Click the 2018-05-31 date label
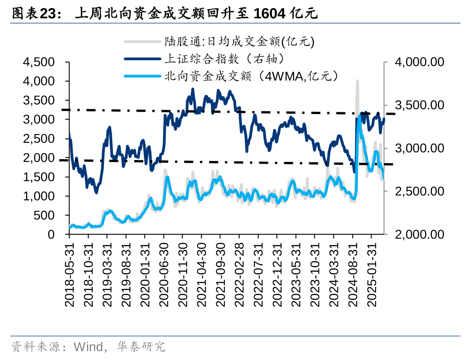point(69,273)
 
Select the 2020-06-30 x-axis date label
point(164,273)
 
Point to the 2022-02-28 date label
point(239,273)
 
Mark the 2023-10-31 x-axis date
point(315,273)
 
